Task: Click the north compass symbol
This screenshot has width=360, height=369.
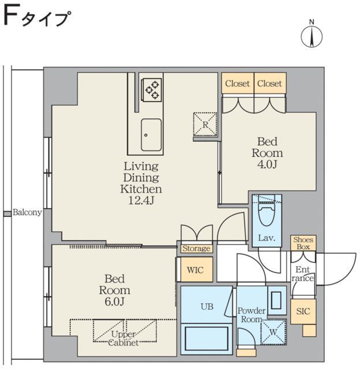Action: (312, 36)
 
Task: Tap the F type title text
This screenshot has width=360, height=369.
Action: (36, 18)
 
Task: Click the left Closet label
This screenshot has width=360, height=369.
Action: (238, 84)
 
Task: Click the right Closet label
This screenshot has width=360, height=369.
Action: (269, 84)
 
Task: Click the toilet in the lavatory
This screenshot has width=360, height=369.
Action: (267, 218)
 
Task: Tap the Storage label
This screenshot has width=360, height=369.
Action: (196, 248)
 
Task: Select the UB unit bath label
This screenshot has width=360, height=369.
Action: (207, 307)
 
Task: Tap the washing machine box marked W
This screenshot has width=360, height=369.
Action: (272, 332)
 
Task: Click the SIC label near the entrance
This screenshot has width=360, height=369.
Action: (303, 311)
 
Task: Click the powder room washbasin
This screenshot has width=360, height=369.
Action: (276, 300)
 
